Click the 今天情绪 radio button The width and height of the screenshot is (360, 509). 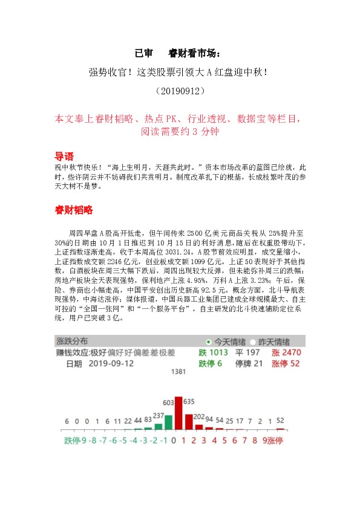point(209,341)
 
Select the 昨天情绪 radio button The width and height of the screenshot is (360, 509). point(254,341)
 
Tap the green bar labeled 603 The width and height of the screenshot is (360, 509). point(168,422)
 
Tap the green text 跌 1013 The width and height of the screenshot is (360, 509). point(214,352)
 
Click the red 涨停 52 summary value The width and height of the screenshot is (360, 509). point(286,364)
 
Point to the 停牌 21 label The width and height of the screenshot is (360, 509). point(249,364)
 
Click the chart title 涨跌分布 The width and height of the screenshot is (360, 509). point(76,341)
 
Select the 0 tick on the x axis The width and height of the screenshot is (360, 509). point(174,440)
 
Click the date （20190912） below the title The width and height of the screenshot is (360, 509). point(180,91)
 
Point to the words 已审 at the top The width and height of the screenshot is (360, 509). point(145,53)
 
